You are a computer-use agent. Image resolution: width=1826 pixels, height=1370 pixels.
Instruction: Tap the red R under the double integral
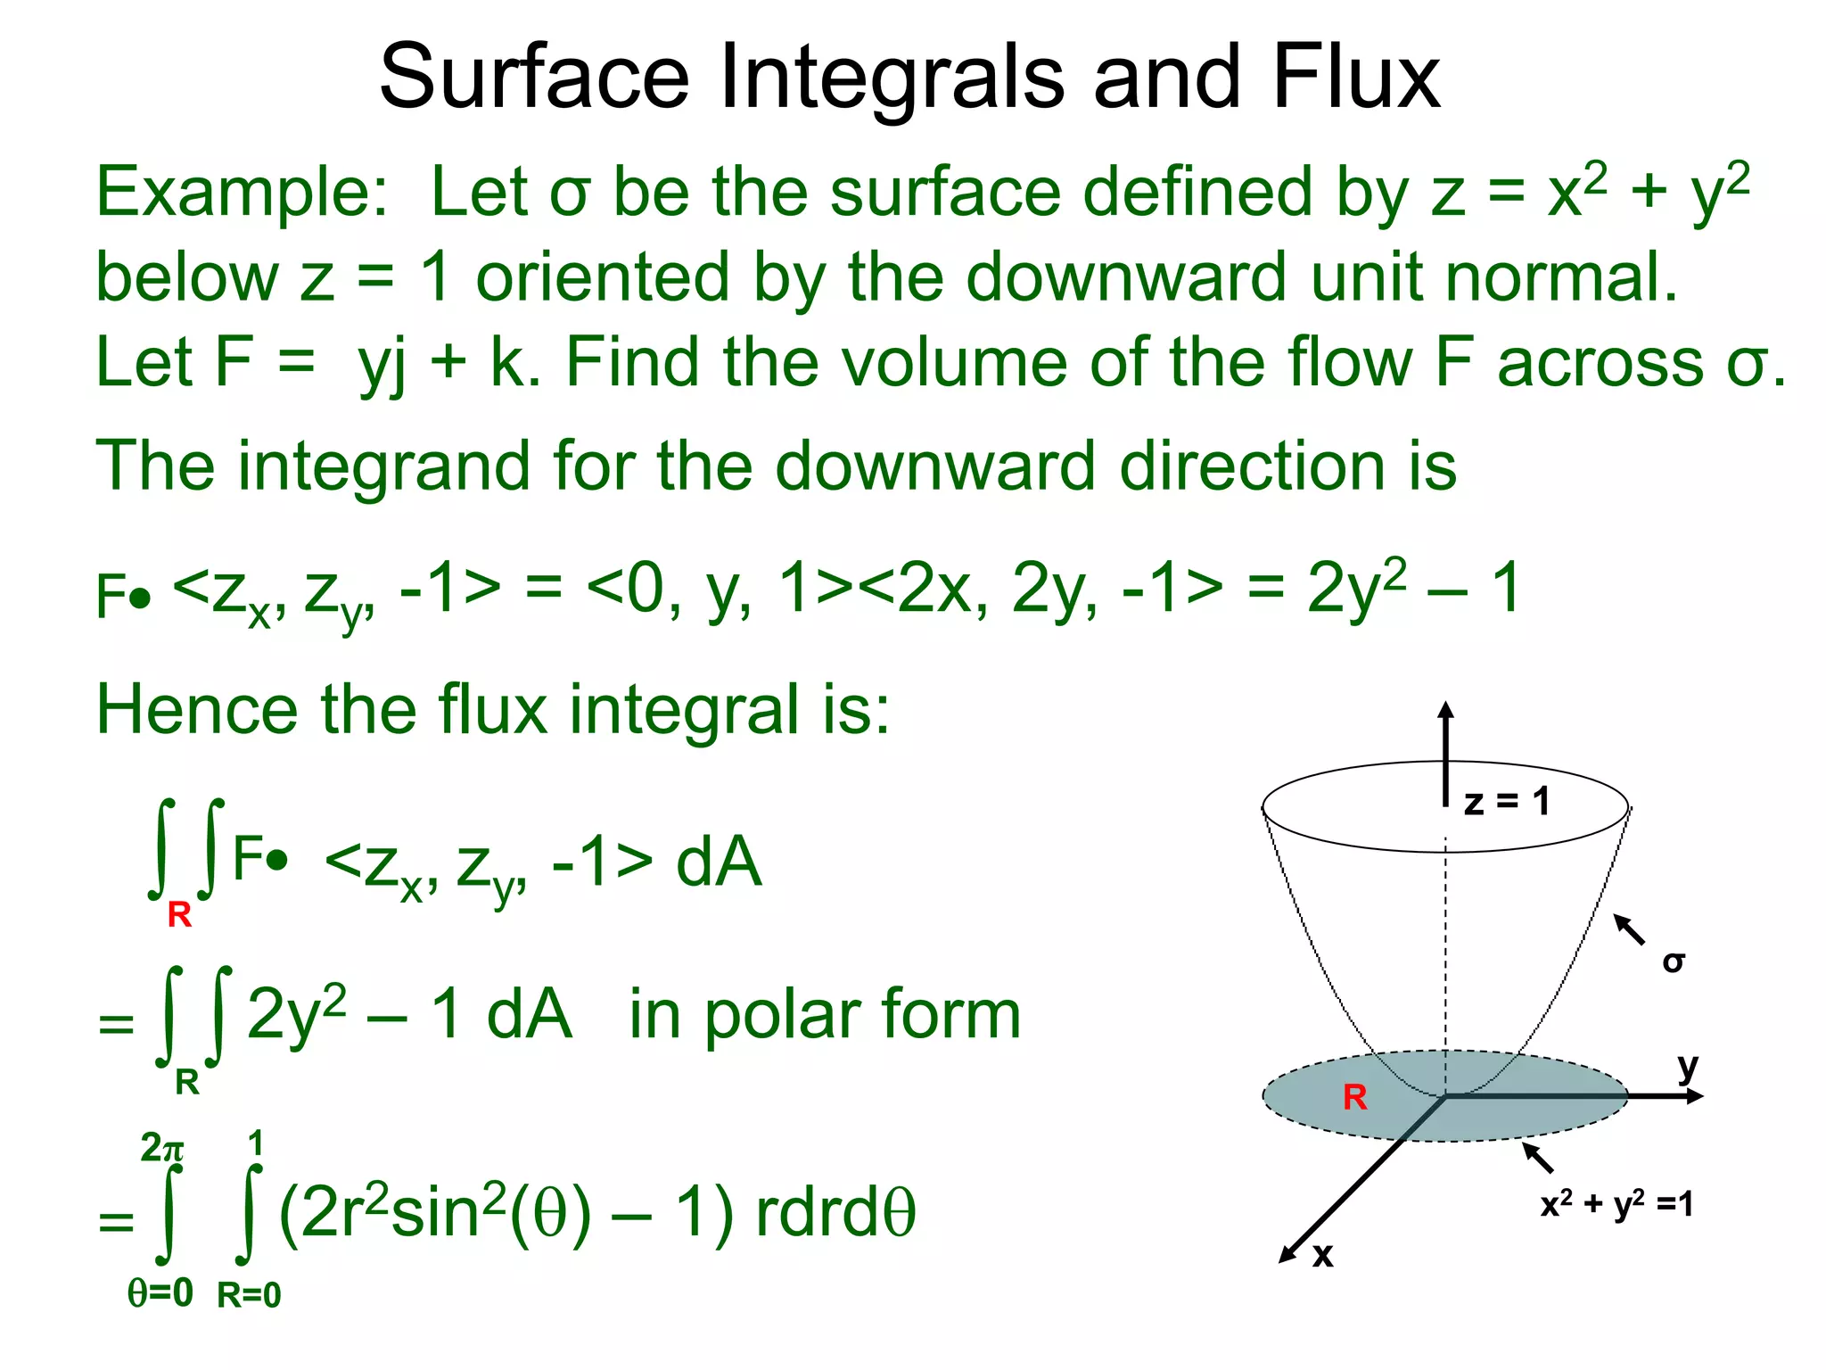(179, 914)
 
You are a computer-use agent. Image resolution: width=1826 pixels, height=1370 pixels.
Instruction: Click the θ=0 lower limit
(160, 1292)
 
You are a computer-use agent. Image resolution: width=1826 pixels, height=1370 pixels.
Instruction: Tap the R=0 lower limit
(249, 1295)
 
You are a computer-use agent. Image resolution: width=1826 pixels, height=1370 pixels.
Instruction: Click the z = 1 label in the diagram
(1507, 802)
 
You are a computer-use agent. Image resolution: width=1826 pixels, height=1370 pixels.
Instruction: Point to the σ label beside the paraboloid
(1674, 961)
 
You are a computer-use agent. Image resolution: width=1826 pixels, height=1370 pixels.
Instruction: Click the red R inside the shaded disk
(1354, 1097)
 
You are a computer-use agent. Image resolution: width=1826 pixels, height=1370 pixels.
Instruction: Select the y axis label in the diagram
(1688, 1066)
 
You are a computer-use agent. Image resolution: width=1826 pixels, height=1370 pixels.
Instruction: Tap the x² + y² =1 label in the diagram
(1616, 1204)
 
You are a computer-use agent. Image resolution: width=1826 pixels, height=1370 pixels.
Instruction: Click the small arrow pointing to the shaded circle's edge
(1537, 1158)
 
